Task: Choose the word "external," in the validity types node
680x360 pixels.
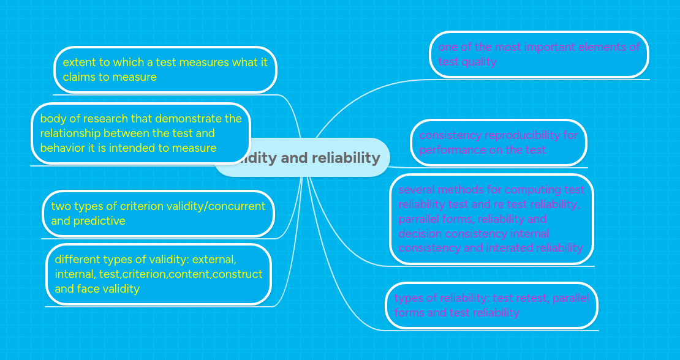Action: coord(214,259)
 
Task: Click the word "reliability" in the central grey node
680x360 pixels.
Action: coord(346,158)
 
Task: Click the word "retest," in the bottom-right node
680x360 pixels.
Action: coord(533,298)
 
